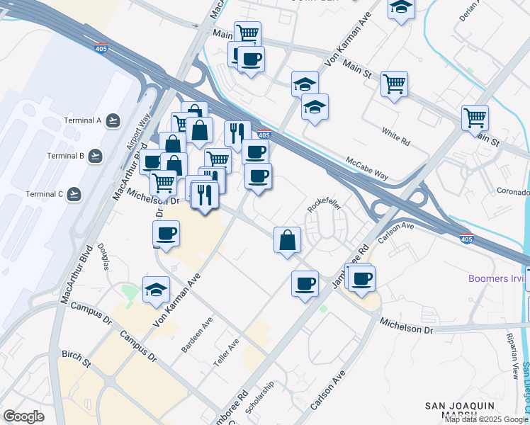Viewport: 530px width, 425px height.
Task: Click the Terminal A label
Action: [84, 120]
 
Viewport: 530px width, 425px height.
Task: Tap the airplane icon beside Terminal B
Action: [96, 156]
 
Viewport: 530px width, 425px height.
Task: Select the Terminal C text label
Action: [45, 194]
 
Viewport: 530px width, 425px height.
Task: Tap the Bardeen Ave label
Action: [197, 331]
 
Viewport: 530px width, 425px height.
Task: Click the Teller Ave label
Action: [233, 349]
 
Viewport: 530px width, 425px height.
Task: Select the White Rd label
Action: [396, 137]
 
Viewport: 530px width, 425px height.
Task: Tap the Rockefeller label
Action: [325, 205]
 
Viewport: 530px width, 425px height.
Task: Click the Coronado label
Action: [513, 192]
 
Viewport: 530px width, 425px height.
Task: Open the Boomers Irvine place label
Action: [496, 278]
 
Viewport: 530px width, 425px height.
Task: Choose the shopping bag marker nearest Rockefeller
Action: [287, 240]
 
